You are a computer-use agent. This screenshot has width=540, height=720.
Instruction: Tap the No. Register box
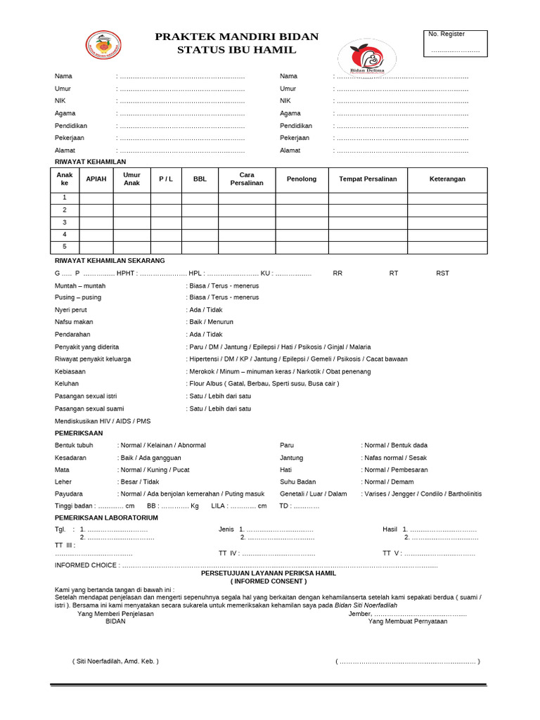click(455, 44)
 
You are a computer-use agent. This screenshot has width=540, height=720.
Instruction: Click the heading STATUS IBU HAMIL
click(236, 50)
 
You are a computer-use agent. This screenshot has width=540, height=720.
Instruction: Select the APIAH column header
click(96, 179)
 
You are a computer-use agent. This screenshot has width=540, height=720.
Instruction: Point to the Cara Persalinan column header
click(246, 179)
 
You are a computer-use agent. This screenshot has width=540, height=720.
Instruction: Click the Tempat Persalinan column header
click(368, 179)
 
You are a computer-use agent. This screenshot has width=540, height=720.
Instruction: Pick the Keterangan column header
click(447, 179)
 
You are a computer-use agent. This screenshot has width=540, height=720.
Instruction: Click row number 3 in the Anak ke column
click(65, 222)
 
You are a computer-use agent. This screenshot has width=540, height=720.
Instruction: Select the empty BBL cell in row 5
click(200, 247)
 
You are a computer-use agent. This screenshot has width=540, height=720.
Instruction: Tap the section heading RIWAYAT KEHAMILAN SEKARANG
click(109, 260)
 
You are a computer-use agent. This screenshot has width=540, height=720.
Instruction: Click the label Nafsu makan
click(74, 322)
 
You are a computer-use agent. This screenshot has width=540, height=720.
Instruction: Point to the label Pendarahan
click(72, 335)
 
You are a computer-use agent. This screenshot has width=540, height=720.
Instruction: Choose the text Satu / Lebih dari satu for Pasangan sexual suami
click(220, 409)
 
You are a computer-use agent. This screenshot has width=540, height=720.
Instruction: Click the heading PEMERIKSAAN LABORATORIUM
click(106, 517)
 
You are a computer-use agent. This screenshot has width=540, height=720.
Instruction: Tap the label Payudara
click(69, 494)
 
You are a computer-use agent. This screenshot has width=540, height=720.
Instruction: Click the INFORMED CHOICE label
click(86, 565)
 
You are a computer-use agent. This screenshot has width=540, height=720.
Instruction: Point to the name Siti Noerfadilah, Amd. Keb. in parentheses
click(115, 661)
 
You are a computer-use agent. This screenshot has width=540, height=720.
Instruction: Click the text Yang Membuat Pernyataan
click(407, 621)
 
